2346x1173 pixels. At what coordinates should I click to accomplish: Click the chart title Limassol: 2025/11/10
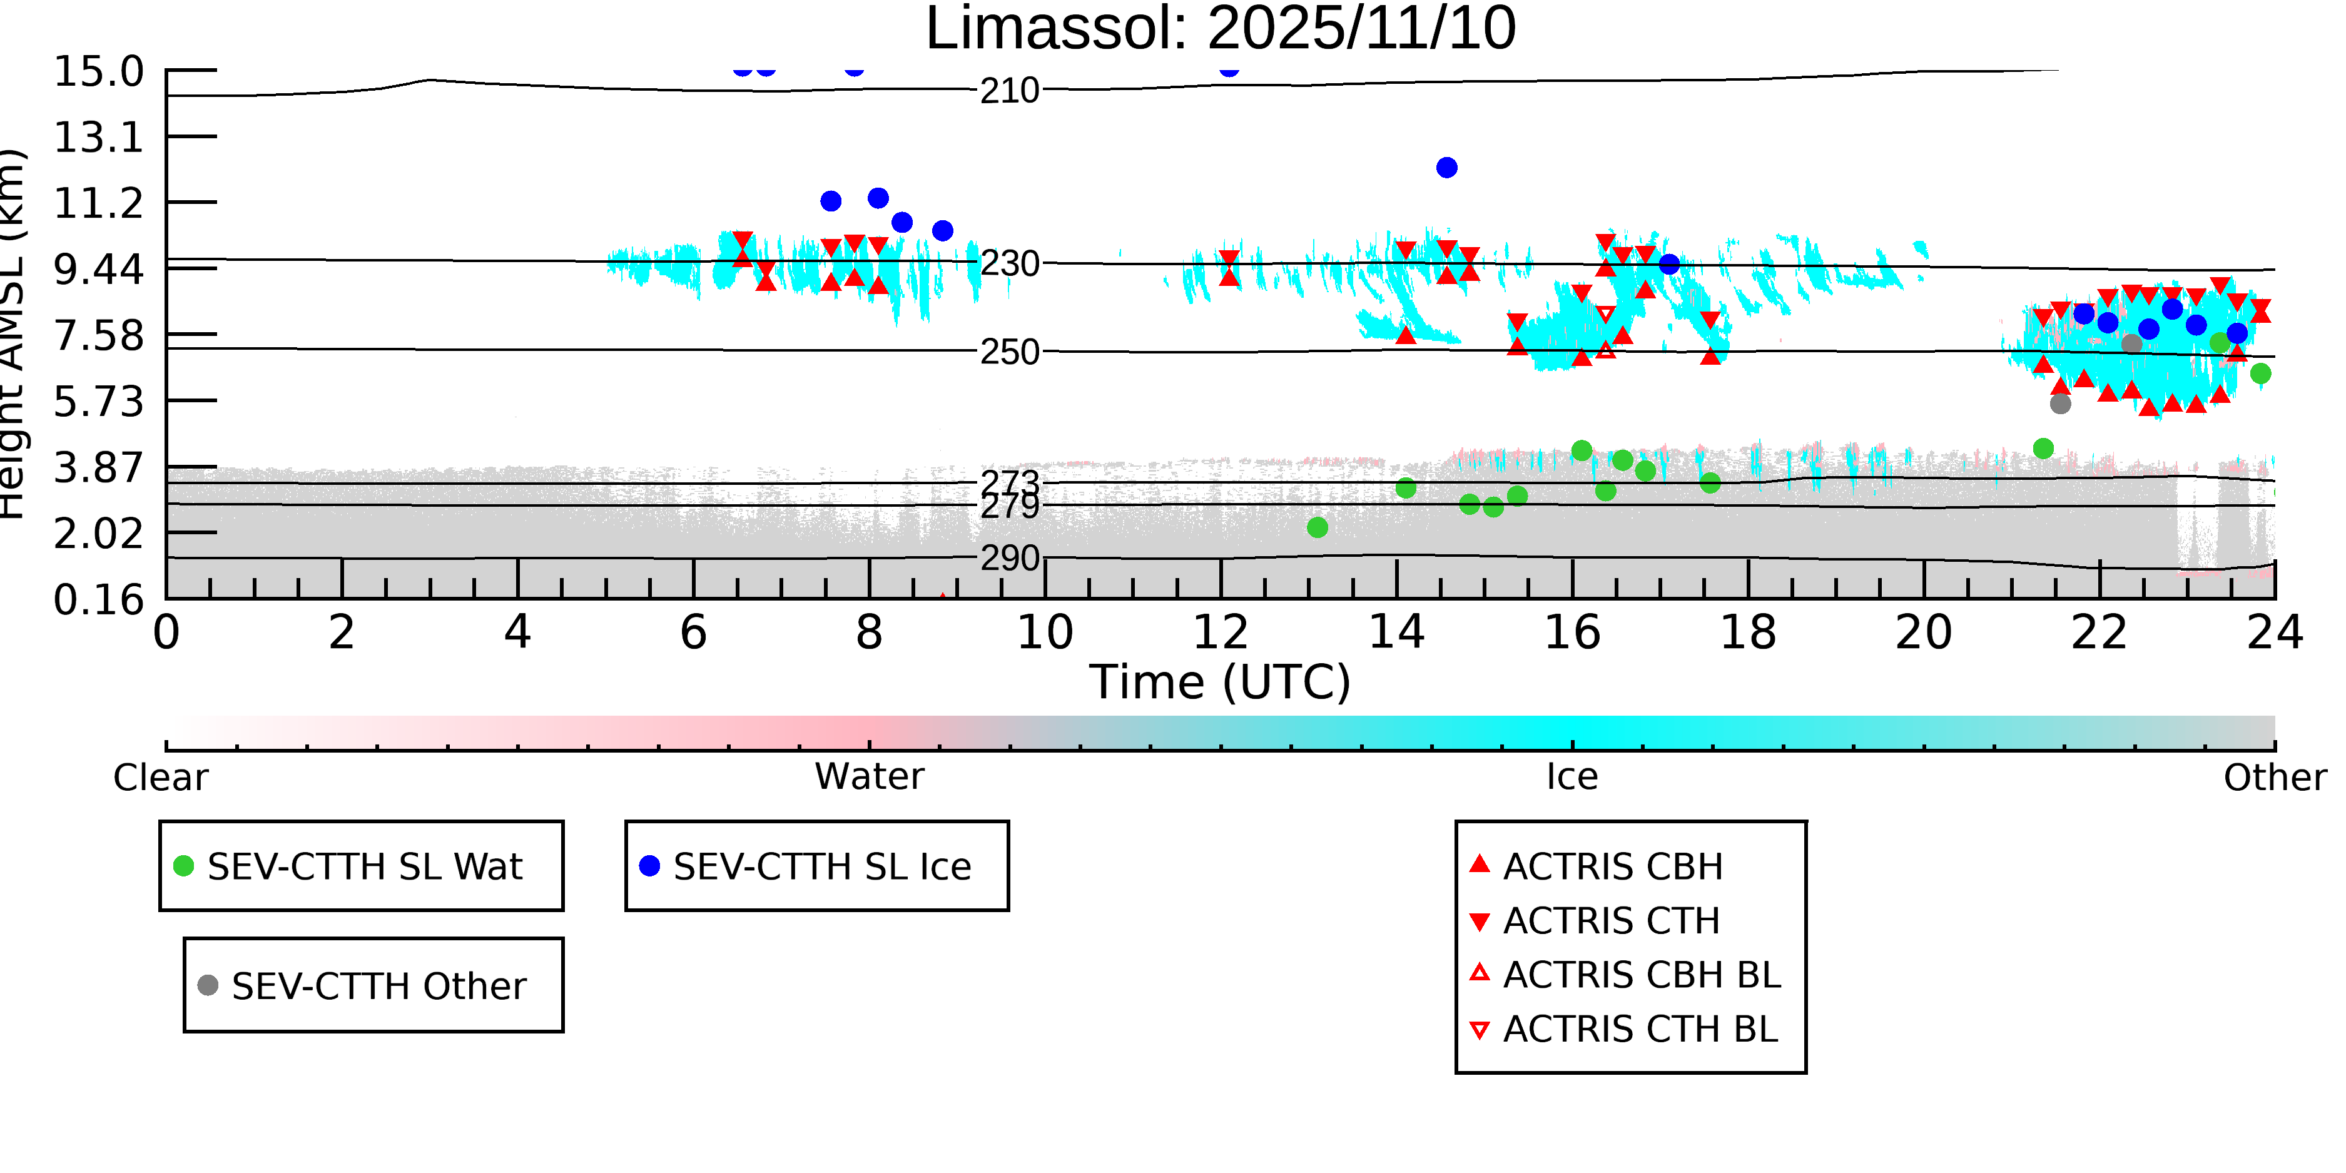pos(1221,29)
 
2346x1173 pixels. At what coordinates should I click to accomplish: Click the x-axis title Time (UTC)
pos(1221,682)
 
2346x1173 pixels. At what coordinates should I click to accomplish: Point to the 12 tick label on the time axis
pos(1221,632)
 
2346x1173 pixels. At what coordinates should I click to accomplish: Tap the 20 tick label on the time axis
pos(1924,632)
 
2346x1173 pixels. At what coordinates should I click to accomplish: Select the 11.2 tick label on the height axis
pos(98,203)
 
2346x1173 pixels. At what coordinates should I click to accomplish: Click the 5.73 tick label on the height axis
pos(98,402)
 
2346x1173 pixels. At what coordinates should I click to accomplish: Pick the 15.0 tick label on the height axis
pos(98,72)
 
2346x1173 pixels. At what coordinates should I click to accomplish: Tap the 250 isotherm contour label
pos(1009,352)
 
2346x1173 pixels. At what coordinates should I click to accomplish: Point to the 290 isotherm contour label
pos(1009,558)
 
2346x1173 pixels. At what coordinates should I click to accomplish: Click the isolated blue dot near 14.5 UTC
pos(1446,168)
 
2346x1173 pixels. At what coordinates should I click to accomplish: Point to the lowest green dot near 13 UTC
pos(1317,527)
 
